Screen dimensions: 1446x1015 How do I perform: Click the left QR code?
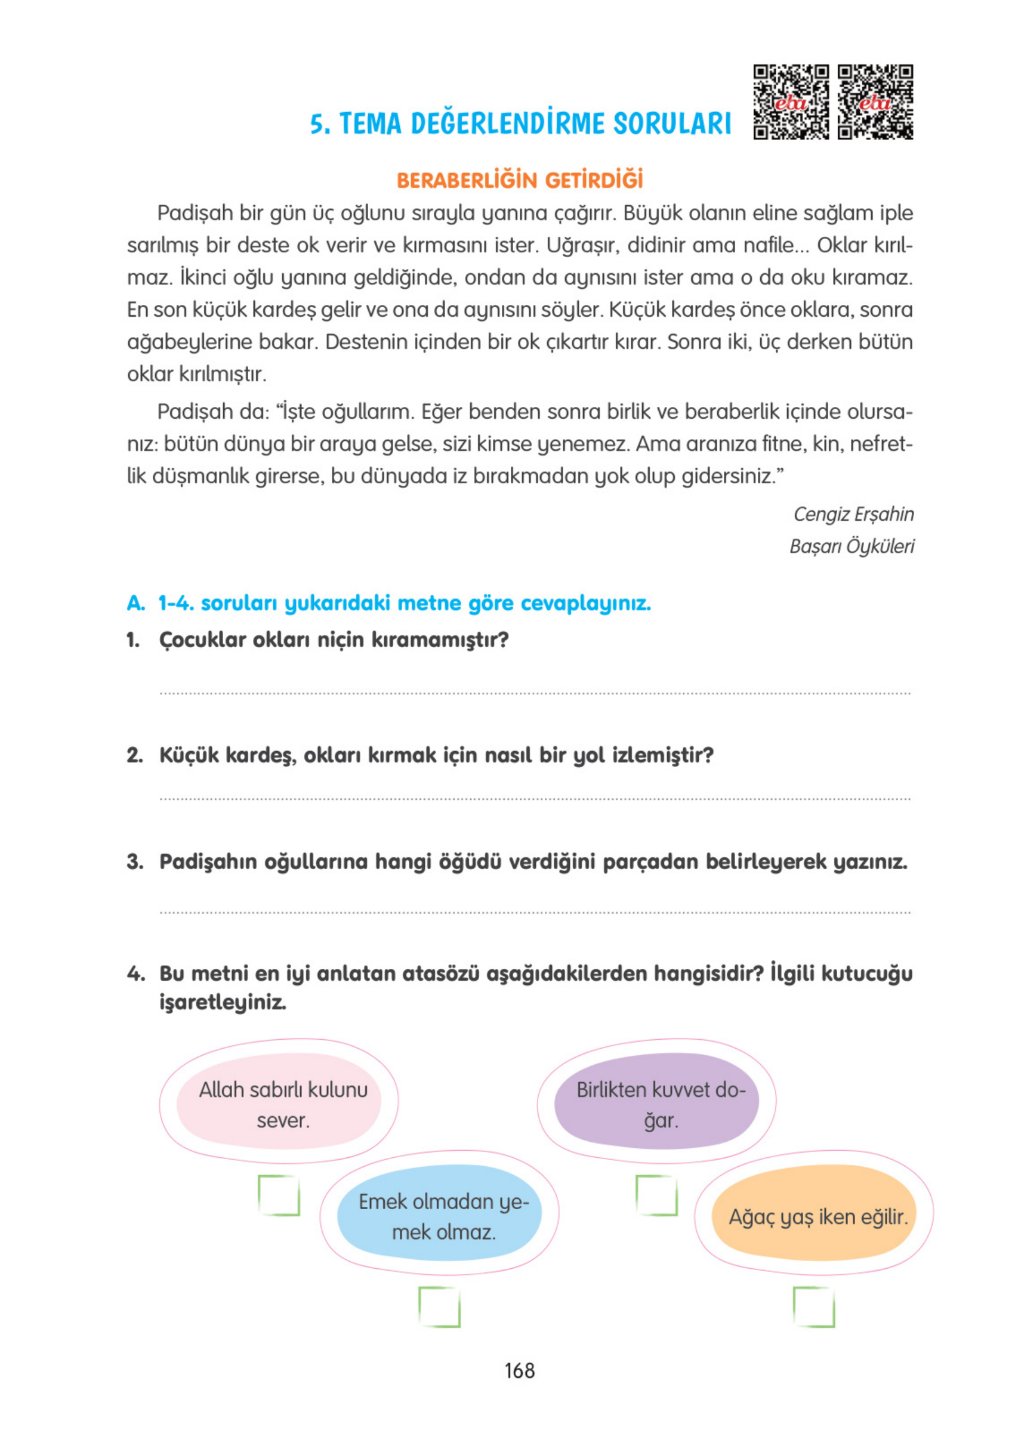click(791, 101)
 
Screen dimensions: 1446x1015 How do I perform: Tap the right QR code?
click(875, 101)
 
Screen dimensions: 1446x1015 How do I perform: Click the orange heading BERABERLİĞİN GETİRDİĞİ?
click(520, 180)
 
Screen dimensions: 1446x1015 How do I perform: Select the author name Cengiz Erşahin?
click(853, 514)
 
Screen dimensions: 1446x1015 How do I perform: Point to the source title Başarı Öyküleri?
click(851, 545)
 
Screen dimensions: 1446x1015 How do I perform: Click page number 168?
click(519, 1370)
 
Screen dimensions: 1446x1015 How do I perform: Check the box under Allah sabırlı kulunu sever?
click(279, 1195)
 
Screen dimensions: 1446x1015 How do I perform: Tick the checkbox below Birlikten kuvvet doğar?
click(656, 1195)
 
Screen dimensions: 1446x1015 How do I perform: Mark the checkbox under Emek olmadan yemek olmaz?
click(439, 1307)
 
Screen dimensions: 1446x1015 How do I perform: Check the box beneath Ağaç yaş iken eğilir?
click(813, 1307)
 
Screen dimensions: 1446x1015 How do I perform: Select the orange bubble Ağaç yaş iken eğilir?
click(813, 1216)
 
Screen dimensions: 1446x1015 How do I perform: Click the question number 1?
click(132, 640)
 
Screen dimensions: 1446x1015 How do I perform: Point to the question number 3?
click(134, 861)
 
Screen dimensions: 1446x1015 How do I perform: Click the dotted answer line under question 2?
click(535, 799)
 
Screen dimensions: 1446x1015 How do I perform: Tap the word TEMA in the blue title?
click(370, 123)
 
